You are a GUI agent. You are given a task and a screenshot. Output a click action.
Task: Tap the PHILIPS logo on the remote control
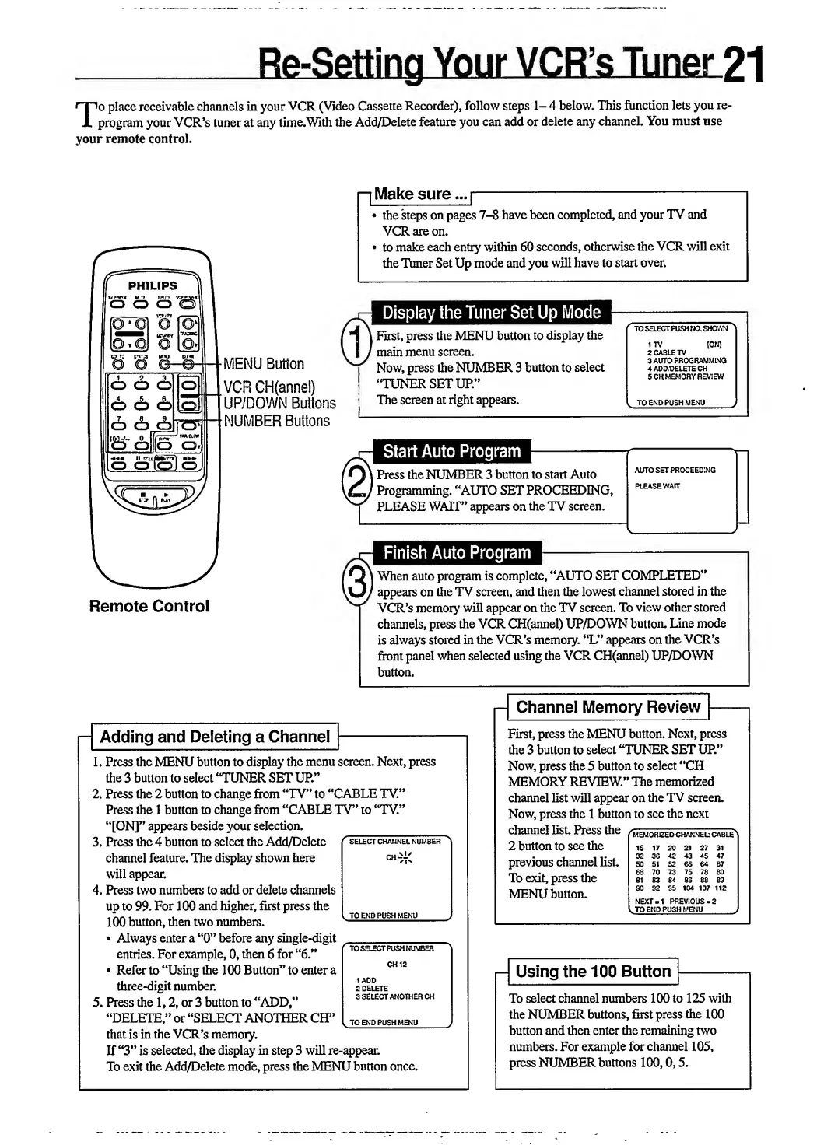click(153, 285)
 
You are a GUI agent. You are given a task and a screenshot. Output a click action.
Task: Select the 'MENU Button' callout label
click(264, 364)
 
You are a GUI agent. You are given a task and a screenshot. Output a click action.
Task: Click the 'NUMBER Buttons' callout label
click(277, 421)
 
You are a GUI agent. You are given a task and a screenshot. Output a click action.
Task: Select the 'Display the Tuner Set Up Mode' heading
click(492, 313)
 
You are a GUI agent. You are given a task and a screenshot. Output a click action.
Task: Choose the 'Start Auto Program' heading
click(451, 452)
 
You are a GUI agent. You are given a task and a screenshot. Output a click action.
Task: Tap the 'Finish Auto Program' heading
click(457, 554)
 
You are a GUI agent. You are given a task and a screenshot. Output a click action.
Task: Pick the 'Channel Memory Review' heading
click(608, 707)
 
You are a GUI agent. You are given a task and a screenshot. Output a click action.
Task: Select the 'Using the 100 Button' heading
click(593, 972)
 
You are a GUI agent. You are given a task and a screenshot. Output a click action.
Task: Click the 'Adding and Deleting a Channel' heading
click(215, 737)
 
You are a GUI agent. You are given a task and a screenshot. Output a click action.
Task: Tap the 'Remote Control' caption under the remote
click(149, 606)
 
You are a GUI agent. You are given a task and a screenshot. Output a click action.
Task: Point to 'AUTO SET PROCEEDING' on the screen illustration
click(675, 471)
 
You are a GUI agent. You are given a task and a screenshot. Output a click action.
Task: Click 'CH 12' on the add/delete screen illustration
click(397, 965)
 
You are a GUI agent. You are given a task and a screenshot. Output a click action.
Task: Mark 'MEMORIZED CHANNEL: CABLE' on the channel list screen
click(683, 835)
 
